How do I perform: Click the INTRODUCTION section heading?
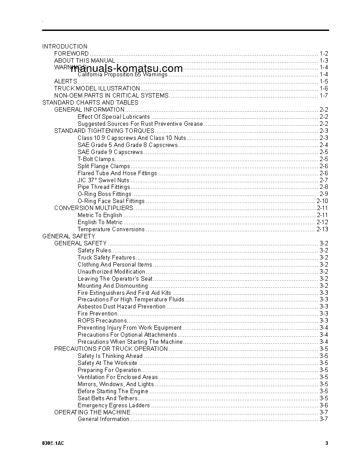point(65,46)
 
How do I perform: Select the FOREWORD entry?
point(71,53)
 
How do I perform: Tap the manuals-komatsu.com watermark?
point(126,68)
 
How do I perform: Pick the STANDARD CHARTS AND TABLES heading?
point(90,102)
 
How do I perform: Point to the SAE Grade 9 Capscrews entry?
point(110,152)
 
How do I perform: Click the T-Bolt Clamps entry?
point(96,159)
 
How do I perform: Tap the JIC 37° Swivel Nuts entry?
point(103,180)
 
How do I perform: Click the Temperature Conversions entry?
point(111,229)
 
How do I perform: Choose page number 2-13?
point(322,229)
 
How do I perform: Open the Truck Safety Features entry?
point(106,258)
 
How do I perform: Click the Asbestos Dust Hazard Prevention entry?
point(121,307)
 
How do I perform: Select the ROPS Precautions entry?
point(102,321)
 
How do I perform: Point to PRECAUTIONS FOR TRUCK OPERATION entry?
point(111,349)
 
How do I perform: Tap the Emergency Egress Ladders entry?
point(113,405)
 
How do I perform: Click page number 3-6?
point(324,405)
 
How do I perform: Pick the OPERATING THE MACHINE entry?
point(92,412)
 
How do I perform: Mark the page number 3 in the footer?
point(326,443)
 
